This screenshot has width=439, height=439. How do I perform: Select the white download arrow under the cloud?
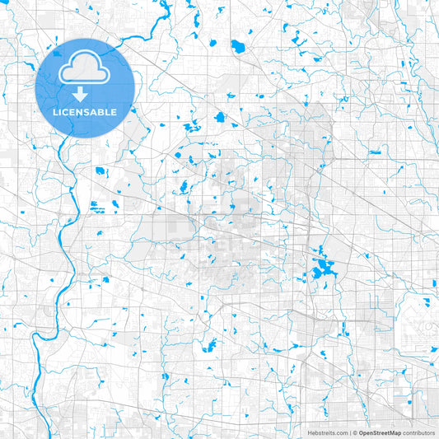80,92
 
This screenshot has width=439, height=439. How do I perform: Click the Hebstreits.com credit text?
328,432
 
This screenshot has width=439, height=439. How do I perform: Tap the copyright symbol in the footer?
355,432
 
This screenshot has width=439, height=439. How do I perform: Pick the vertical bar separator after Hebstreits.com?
349,432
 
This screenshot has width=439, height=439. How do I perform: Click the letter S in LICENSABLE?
86,111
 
